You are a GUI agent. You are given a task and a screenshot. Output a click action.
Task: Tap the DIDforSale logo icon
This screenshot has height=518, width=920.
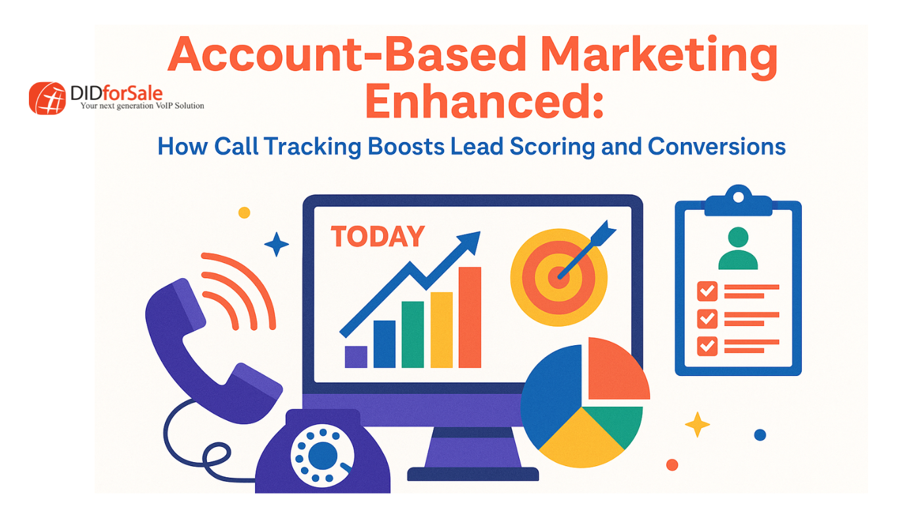47,98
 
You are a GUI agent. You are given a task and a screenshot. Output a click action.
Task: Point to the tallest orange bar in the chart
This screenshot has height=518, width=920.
470,317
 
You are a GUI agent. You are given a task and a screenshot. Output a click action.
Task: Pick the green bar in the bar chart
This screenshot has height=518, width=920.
413,335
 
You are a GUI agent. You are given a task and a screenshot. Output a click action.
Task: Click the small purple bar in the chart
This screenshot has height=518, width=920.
356,357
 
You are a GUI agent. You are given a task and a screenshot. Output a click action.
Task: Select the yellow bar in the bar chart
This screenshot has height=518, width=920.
442,330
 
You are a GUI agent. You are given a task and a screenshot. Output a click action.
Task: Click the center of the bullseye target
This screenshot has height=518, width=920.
559,277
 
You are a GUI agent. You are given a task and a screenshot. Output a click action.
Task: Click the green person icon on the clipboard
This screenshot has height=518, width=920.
738,248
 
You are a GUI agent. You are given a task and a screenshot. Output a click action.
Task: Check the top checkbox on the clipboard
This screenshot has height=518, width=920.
707,291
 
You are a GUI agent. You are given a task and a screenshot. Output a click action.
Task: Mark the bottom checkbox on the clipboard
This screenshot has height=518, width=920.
707,346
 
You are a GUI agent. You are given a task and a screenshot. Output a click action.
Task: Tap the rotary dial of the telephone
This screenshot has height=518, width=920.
323,456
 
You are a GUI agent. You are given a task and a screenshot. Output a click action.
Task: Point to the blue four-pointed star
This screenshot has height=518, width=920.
277,244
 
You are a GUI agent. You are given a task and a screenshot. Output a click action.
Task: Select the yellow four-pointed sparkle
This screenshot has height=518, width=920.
697,425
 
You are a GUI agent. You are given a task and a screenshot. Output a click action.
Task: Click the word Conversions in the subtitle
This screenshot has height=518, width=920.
717,147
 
